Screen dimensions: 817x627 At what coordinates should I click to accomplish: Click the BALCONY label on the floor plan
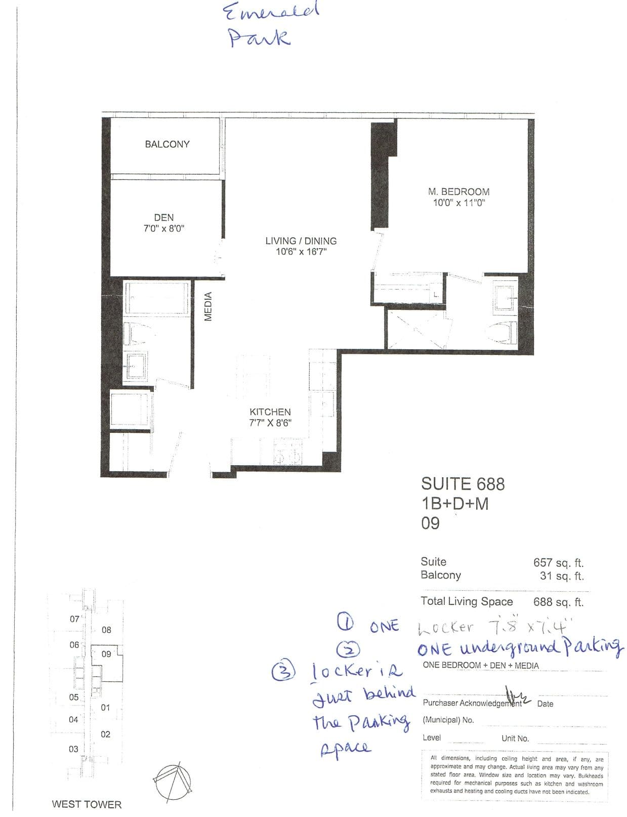[x=167, y=144]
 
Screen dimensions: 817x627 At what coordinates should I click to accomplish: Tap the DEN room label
[x=163, y=218]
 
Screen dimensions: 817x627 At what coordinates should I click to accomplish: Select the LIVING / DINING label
[x=301, y=241]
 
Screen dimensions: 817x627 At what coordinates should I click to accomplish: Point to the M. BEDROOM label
[x=458, y=192]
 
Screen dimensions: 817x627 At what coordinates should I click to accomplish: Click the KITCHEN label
[x=270, y=412]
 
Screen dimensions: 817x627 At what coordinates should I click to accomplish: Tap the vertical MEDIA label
[x=208, y=307]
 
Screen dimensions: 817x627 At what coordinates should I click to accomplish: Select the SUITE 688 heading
[x=463, y=484]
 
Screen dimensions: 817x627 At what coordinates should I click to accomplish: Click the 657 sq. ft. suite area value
[x=558, y=562]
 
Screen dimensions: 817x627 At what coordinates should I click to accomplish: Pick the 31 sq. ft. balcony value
[x=561, y=576]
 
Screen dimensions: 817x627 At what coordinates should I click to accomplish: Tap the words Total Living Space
[x=467, y=601]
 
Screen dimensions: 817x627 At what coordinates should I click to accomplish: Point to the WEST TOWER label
[x=87, y=804]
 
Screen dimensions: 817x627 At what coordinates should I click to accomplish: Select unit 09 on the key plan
[x=106, y=654]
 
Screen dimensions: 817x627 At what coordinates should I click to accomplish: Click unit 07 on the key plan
[x=74, y=619]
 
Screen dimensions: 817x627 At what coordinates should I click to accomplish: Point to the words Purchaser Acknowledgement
[x=472, y=703]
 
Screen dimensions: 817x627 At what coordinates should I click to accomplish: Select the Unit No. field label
[x=515, y=739]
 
